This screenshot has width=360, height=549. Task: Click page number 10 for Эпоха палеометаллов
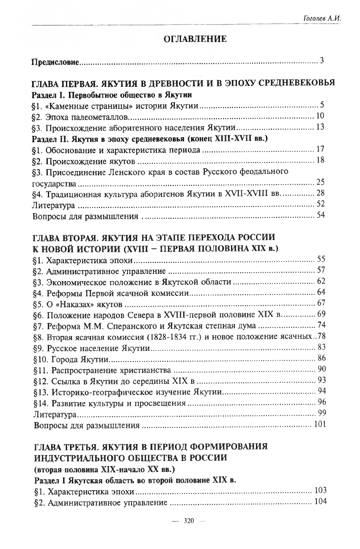pos(320,116)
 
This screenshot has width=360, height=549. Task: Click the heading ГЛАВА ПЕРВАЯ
pos(68,83)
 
